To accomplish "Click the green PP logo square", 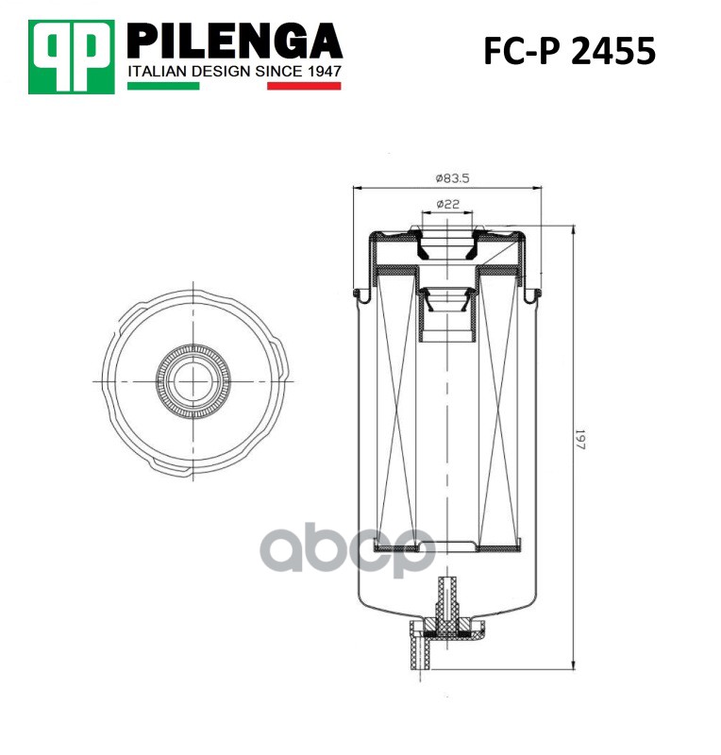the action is pyautogui.click(x=72, y=57).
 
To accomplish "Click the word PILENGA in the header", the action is pyautogui.click(x=235, y=42).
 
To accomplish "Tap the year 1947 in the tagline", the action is pyautogui.click(x=324, y=72).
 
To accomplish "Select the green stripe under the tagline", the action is pyautogui.click(x=163, y=86).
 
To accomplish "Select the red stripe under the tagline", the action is pyautogui.click(x=304, y=86).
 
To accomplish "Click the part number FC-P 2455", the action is pyautogui.click(x=569, y=51).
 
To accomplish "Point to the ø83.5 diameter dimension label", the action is pyautogui.click(x=452, y=178).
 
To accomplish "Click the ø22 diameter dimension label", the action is pyautogui.click(x=447, y=204).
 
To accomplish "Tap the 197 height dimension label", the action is pyautogui.click(x=579, y=439).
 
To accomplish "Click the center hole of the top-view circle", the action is pyautogui.click(x=193, y=381).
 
